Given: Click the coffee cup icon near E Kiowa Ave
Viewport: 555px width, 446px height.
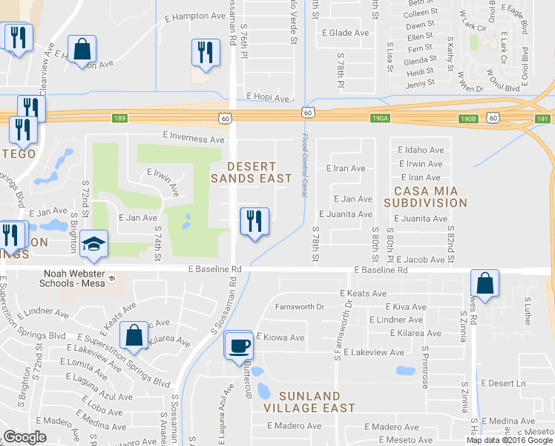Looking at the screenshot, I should coord(238,346).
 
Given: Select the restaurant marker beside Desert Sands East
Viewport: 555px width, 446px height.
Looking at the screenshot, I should coord(254,222).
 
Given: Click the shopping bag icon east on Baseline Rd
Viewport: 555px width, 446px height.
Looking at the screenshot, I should coord(485,283).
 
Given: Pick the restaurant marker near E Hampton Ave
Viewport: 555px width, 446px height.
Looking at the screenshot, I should coord(206,52).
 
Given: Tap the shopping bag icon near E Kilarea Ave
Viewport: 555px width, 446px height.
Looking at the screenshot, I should coord(134,335).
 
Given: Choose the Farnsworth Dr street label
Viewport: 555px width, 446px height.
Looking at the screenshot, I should coord(301,306).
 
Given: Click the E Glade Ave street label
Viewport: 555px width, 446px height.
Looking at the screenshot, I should coord(345,33).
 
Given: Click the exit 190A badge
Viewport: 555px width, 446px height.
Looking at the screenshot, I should coord(380,118).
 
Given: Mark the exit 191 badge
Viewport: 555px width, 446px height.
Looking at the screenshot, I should coord(543,118).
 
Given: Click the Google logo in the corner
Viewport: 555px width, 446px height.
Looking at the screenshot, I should coord(24,437).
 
